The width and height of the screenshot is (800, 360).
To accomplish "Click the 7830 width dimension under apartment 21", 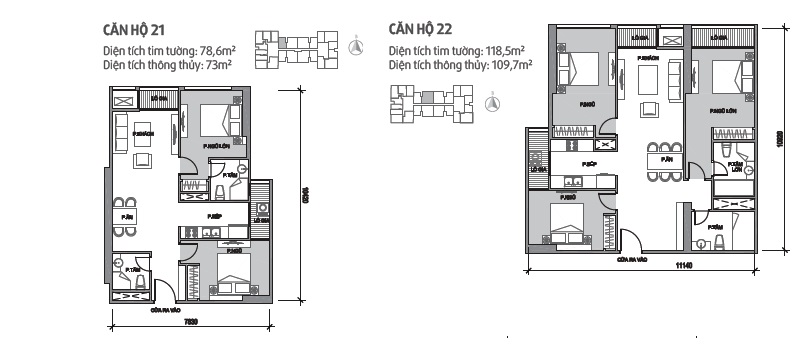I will pyautogui.click(x=190, y=322).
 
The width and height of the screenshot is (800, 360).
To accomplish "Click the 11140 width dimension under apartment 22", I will pyautogui.click(x=683, y=264).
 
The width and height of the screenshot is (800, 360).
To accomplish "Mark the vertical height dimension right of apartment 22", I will pyautogui.click(x=777, y=140).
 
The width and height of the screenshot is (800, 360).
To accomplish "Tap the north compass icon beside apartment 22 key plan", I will pyautogui.click(x=491, y=102).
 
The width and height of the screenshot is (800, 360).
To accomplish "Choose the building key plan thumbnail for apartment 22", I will pyautogui.click(x=430, y=102).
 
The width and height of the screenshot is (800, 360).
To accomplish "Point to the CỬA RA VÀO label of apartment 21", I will pyautogui.click(x=163, y=310).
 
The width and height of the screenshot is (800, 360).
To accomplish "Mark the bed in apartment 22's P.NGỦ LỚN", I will pyautogui.click(x=728, y=77).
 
